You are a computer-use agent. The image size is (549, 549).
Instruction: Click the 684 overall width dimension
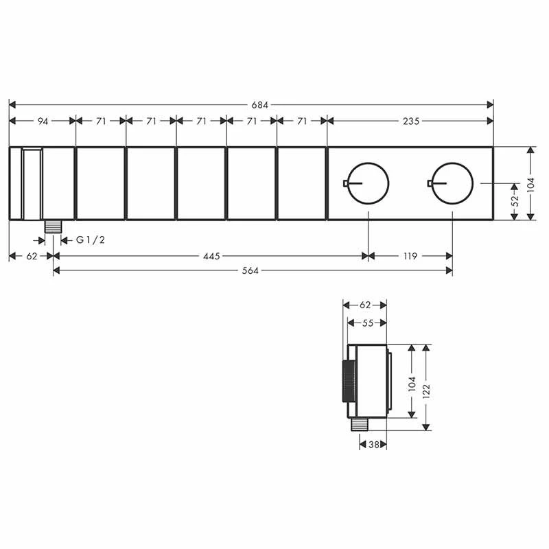(x=259, y=105)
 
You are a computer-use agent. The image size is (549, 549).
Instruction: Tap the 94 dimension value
(x=43, y=121)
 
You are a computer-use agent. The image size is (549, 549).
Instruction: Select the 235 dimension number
(x=410, y=121)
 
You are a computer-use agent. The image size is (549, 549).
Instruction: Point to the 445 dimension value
(x=211, y=256)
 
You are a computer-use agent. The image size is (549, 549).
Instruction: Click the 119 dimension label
(x=410, y=256)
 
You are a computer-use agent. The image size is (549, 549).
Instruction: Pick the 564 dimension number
(x=250, y=270)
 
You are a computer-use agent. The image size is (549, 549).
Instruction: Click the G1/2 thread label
(x=91, y=240)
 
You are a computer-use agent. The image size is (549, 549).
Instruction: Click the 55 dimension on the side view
(x=367, y=323)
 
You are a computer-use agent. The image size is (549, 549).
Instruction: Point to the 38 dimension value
(x=373, y=445)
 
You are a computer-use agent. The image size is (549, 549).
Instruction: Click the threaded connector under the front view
(x=53, y=226)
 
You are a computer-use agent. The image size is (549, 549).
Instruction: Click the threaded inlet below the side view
(x=357, y=425)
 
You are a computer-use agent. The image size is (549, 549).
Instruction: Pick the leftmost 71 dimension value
(x=100, y=121)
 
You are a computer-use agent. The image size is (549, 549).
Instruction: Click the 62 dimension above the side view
(x=364, y=305)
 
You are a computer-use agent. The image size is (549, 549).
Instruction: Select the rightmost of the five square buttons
(x=301, y=183)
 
